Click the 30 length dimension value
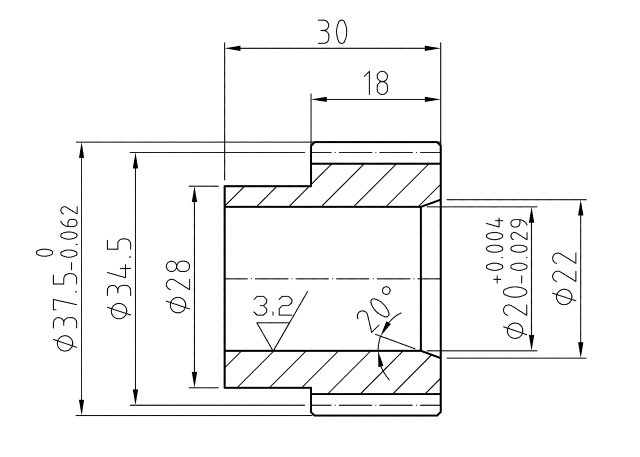click(333, 32)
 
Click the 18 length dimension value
click(376, 83)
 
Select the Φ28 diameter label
click(179, 286)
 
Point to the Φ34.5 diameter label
click(120, 277)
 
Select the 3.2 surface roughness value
click(273, 306)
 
